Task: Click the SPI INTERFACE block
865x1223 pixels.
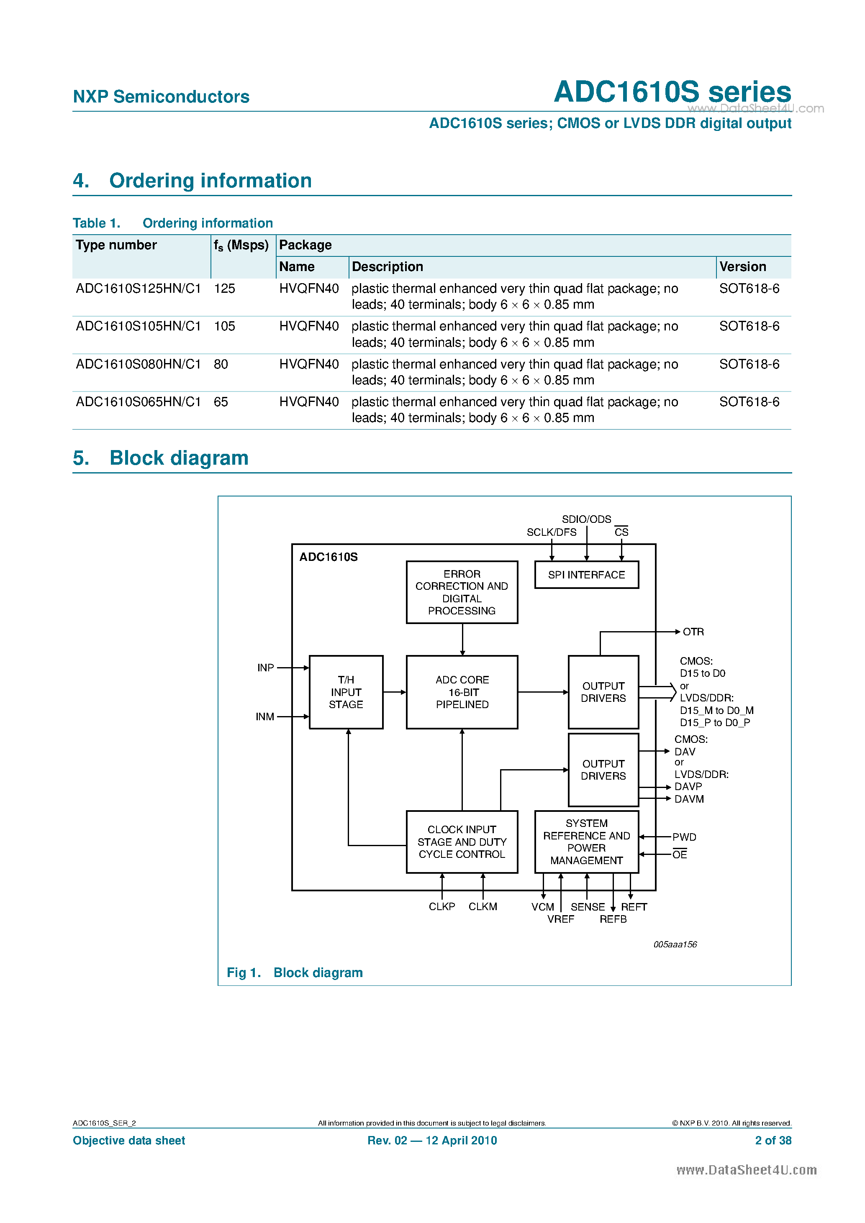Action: (x=586, y=575)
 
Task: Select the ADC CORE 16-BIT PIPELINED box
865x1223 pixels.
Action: (x=462, y=692)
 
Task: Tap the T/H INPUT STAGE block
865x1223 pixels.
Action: (x=346, y=692)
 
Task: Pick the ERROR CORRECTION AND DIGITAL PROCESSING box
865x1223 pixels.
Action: (x=462, y=592)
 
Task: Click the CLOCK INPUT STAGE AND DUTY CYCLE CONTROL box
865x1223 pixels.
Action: (x=462, y=842)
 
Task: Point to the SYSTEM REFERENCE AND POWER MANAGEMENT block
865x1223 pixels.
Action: (x=586, y=842)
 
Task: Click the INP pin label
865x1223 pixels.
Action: (x=265, y=668)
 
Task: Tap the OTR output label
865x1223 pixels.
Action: (x=693, y=632)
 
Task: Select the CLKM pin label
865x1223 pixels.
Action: (x=483, y=907)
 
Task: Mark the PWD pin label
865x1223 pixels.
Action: (x=684, y=837)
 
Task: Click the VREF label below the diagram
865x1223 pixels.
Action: (x=560, y=919)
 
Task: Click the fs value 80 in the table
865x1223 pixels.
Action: (x=221, y=364)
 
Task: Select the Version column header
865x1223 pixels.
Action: (x=742, y=267)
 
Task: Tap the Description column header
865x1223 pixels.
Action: (x=388, y=267)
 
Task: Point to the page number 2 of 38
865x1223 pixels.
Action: (x=773, y=1141)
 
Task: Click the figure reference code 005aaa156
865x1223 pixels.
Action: (x=675, y=944)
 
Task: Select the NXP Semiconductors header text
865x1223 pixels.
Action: (x=161, y=97)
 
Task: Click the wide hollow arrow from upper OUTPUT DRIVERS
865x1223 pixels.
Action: (x=658, y=692)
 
